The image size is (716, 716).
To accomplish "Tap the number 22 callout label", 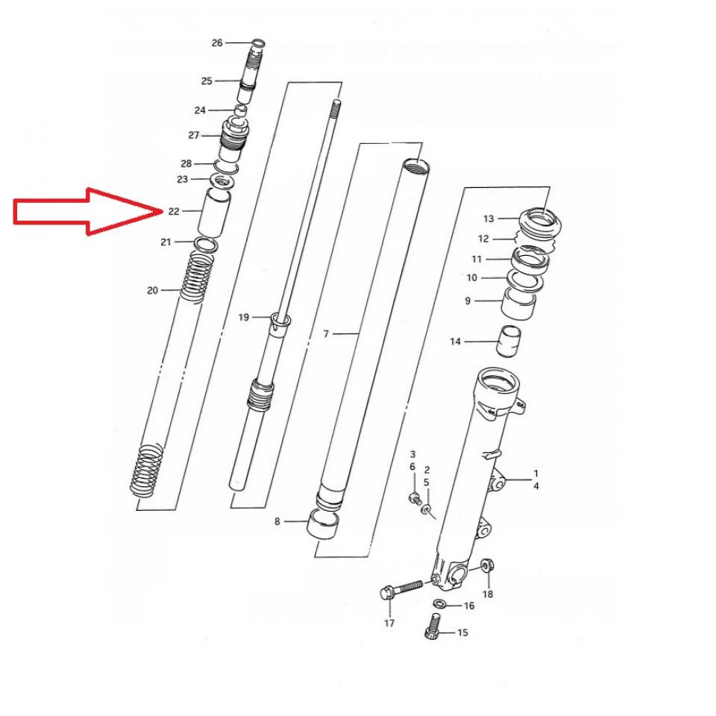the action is pos(174,211).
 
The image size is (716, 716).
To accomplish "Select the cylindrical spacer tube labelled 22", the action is pos(214,213).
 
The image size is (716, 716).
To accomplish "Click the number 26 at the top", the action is pos(217,43).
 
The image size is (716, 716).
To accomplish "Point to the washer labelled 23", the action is pos(223,182).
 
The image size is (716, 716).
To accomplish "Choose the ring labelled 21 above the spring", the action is pos(206,245).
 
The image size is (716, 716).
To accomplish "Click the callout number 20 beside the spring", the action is pos(152,290).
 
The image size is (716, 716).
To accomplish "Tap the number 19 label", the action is pos(244,317).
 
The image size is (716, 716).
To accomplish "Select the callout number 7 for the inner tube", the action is pos(326,334).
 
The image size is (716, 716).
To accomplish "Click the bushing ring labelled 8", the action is pos(324,525).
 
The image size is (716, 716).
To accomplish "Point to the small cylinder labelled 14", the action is pos(508,342).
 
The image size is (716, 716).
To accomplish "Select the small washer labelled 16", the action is pos(440,604).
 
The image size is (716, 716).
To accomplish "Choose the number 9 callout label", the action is pos(468,301).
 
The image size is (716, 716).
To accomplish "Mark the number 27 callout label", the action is pos(194,135).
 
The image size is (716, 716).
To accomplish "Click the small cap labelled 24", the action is pos(241,110).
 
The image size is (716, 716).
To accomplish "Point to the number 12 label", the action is pos(483,239).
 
